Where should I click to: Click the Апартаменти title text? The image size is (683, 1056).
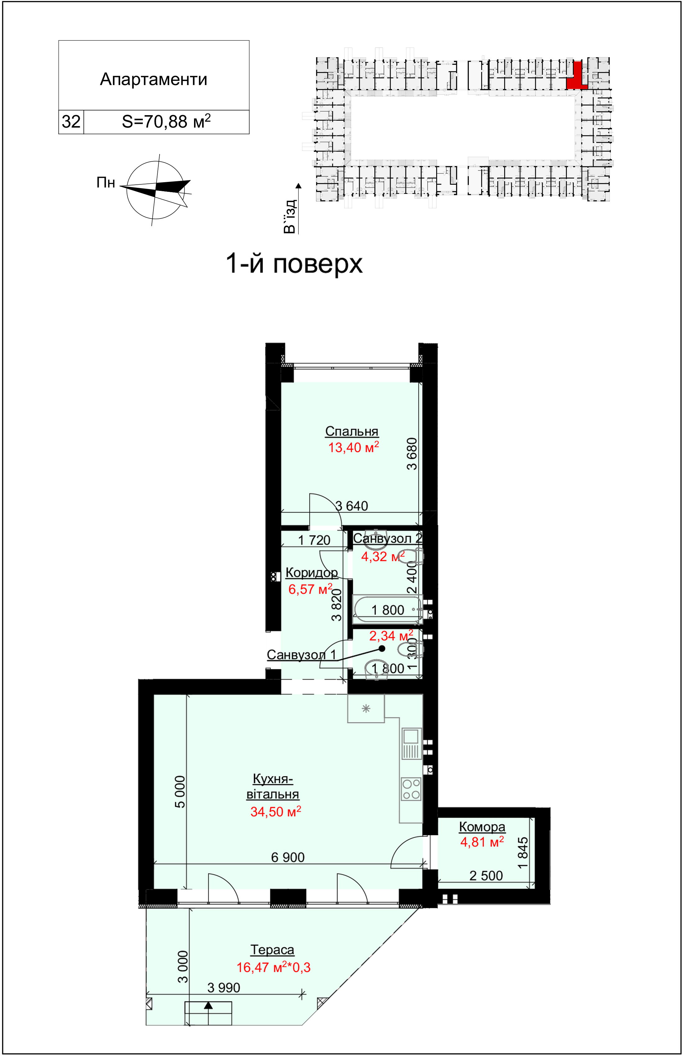click(153, 79)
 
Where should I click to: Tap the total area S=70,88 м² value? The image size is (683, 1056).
click(166, 121)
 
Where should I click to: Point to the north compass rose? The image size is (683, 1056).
click(155, 190)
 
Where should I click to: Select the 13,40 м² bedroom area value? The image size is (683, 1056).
click(354, 447)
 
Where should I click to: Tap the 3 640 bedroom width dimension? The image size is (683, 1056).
click(352, 506)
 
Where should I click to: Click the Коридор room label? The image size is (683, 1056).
click(312, 573)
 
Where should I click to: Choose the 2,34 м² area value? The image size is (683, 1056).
click(391, 636)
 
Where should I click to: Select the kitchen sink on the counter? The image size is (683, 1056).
click(411, 743)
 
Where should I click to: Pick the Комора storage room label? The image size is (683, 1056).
click(482, 827)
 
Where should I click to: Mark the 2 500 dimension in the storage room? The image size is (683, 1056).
click(486, 876)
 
